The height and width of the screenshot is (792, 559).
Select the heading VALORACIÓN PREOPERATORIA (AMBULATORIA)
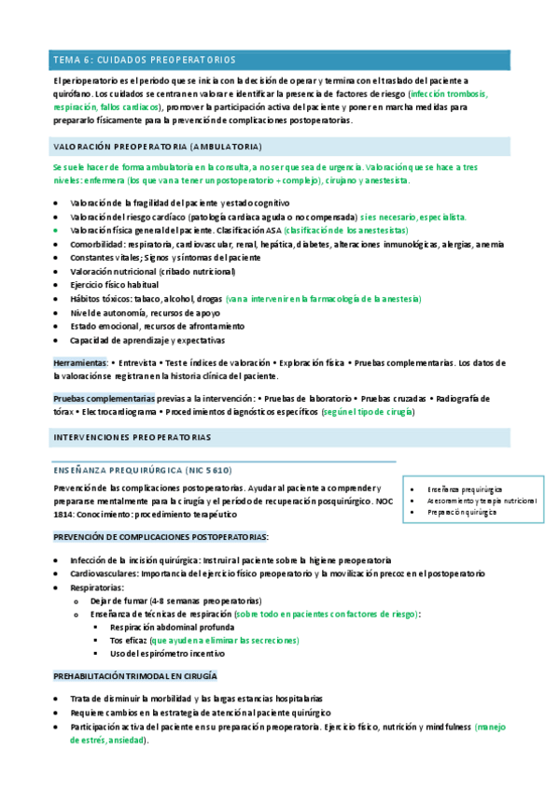coord(157,147)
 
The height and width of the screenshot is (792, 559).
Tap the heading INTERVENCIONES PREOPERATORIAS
coord(132,436)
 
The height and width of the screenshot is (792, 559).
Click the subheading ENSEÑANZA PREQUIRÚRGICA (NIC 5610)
coord(143,470)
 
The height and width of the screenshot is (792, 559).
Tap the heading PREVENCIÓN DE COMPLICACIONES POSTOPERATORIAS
coord(161,536)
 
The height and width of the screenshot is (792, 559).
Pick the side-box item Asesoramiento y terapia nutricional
coord(482,501)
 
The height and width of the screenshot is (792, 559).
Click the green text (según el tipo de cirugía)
coord(368,411)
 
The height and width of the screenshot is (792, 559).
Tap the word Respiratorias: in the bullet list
coord(97,587)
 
